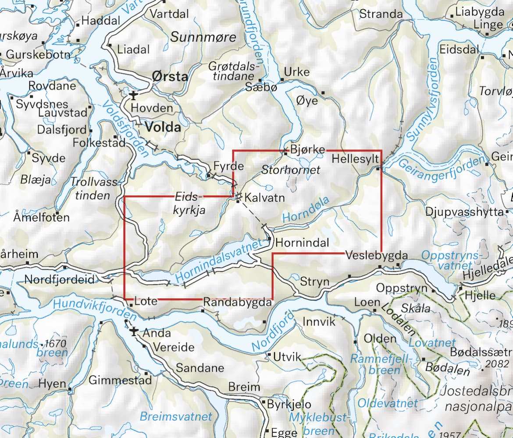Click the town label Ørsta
(x=170, y=77)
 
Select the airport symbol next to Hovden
(x=133, y=95)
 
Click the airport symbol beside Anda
(x=133, y=332)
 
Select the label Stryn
(x=314, y=282)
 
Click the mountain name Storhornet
(x=291, y=170)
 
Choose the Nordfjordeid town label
(x=60, y=279)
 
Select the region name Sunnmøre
(x=203, y=37)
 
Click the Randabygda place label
(x=237, y=302)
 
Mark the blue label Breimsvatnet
(x=175, y=416)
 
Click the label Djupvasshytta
(x=465, y=212)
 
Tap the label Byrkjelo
(x=289, y=404)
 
